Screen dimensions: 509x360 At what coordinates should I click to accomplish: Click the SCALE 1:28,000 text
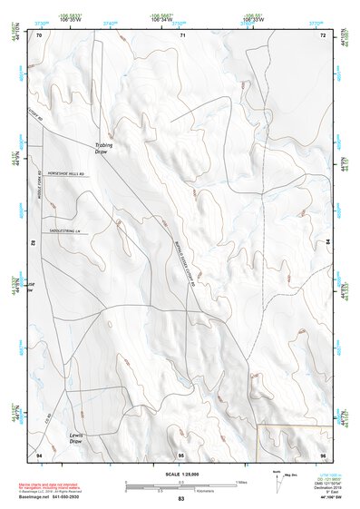click(180, 474)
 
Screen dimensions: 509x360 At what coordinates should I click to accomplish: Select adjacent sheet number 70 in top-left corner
click(39, 35)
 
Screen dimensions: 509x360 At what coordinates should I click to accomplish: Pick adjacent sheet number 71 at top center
click(182, 35)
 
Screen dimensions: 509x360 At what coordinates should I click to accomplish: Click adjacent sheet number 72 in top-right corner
click(322, 35)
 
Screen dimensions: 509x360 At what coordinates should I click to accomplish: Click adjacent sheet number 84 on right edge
click(326, 242)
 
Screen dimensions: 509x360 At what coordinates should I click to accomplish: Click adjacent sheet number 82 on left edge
click(34, 243)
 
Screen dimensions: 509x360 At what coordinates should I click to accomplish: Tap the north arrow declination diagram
click(280, 477)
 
